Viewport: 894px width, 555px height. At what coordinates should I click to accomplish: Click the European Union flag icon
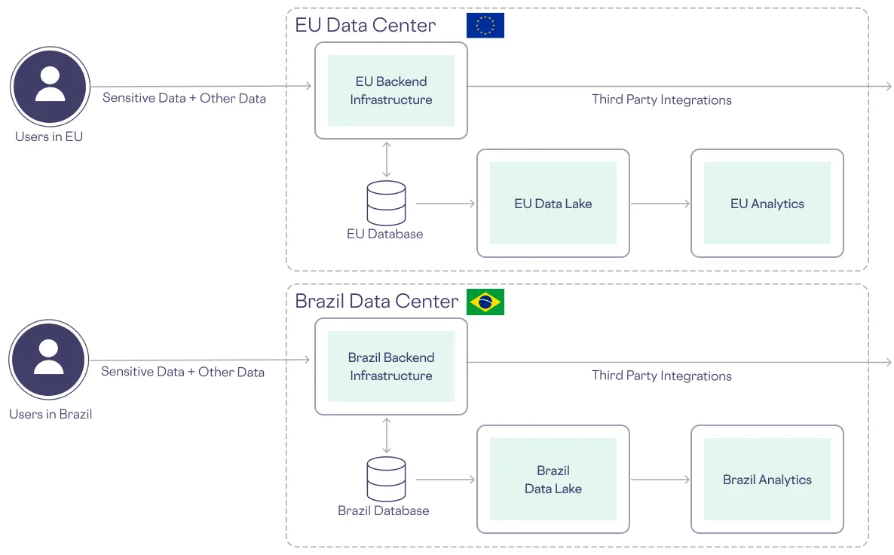coord(485,26)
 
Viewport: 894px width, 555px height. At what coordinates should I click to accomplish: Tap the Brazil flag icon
coord(485,302)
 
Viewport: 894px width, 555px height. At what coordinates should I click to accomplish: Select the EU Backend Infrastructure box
coord(390,90)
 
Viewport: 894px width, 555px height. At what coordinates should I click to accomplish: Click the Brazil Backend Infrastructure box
coord(390,366)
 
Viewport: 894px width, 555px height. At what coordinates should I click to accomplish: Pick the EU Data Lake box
coord(553,204)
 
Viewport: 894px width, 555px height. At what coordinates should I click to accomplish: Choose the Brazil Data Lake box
coord(553,480)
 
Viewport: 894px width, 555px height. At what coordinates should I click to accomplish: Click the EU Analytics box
coord(767,204)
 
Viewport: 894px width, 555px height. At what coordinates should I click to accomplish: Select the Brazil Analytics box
coord(767,480)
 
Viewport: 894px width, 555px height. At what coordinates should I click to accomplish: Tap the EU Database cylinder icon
coord(386,202)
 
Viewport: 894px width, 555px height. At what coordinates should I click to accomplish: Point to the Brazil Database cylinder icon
coord(386,478)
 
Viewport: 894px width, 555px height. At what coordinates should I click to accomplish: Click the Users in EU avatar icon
coord(50,86)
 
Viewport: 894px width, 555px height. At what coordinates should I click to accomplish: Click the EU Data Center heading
coord(365,25)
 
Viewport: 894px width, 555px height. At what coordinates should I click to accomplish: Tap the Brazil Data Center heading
coord(376,302)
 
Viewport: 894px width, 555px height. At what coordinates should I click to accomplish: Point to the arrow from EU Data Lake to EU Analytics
coord(660,204)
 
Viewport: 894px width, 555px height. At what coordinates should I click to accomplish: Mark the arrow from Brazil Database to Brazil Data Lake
coord(445,480)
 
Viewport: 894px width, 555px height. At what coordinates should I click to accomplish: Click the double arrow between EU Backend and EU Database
coord(387,159)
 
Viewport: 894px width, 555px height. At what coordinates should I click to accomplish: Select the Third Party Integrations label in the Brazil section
coord(661,376)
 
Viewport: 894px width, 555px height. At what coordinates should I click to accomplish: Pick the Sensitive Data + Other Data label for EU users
coord(184,98)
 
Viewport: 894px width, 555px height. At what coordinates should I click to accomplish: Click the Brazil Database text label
coord(383,511)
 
